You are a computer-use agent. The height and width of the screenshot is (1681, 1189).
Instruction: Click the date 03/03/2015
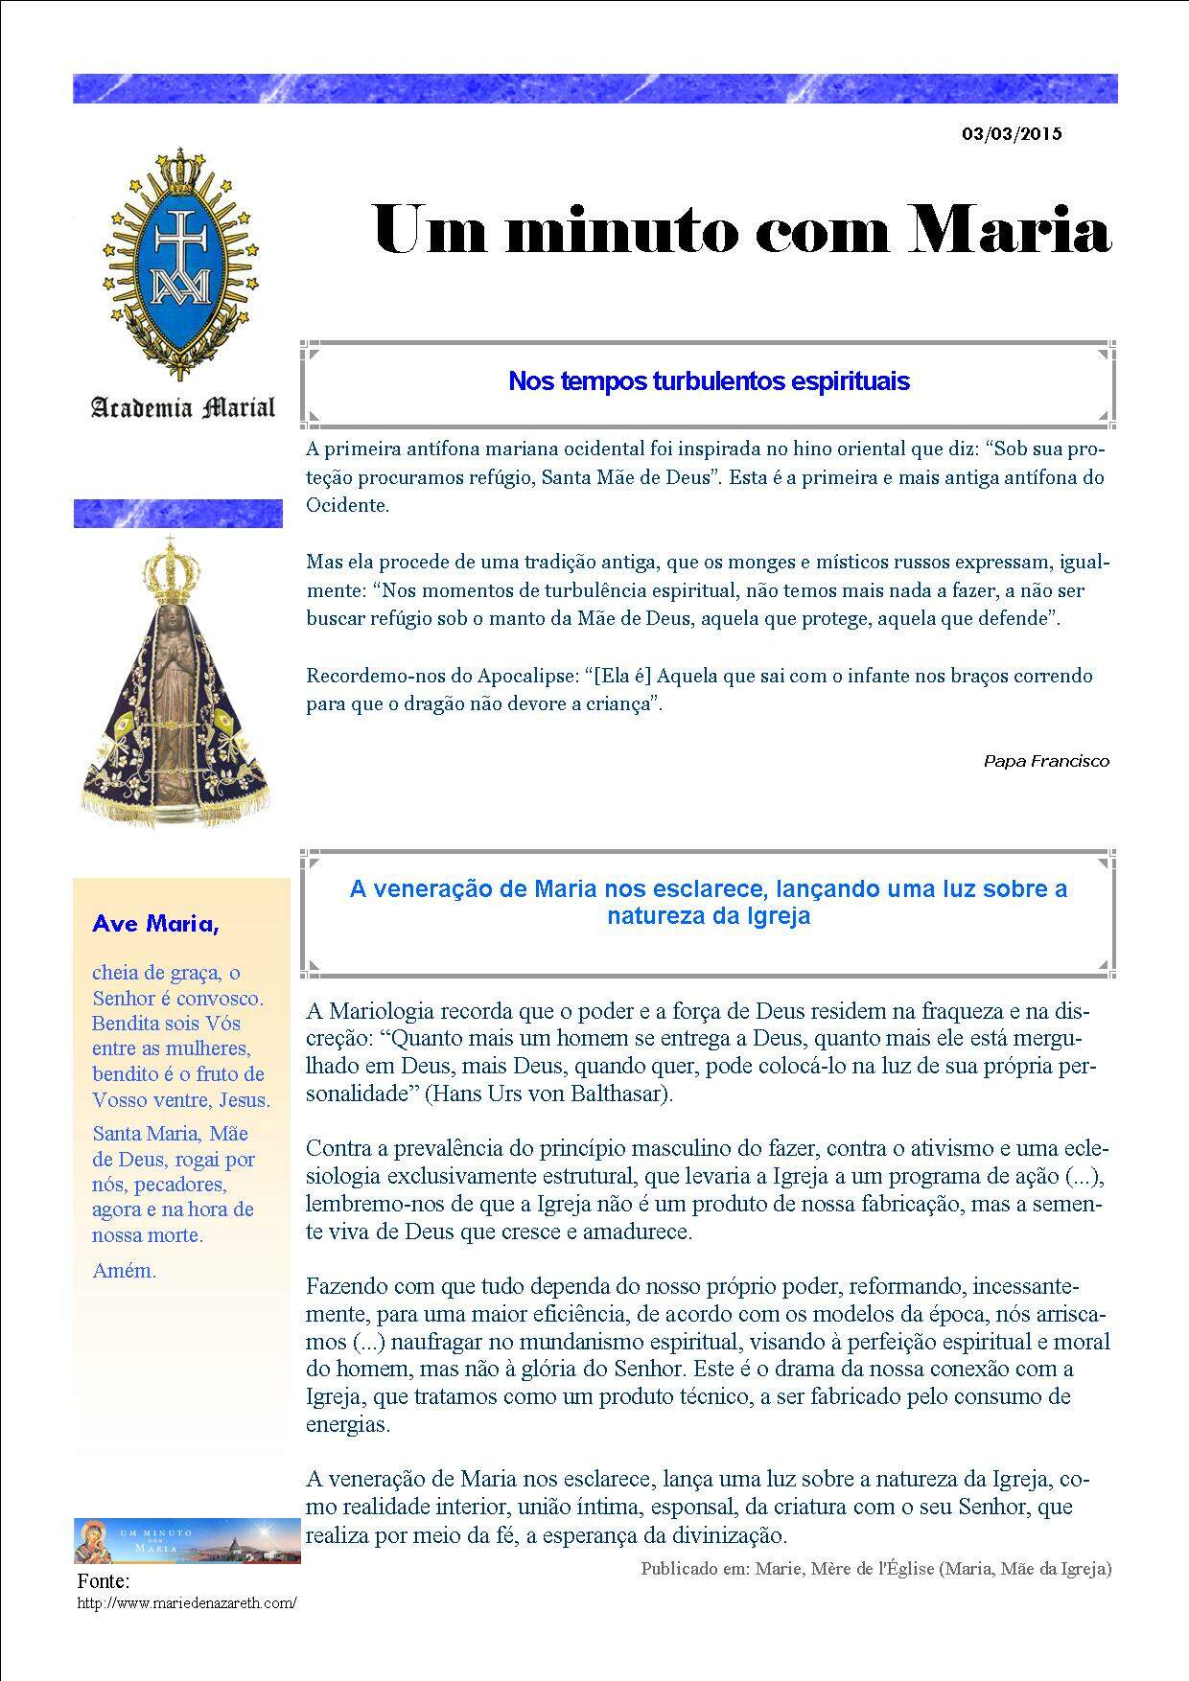(1012, 134)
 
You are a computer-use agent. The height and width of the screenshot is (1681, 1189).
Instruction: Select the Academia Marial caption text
(182, 408)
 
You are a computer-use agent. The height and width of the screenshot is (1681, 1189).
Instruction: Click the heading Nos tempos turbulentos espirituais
(709, 381)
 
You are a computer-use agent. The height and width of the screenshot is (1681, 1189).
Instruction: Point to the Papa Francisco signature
(1046, 761)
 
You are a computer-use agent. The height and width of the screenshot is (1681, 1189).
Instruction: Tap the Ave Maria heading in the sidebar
(155, 924)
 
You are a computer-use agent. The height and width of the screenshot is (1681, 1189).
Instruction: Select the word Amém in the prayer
(124, 1271)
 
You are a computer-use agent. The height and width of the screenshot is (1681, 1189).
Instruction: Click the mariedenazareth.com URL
(187, 1602)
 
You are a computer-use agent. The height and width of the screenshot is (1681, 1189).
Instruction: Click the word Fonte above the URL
(103, 1581)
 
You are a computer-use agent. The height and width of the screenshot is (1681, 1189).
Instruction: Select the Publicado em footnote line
(875, 1569)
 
